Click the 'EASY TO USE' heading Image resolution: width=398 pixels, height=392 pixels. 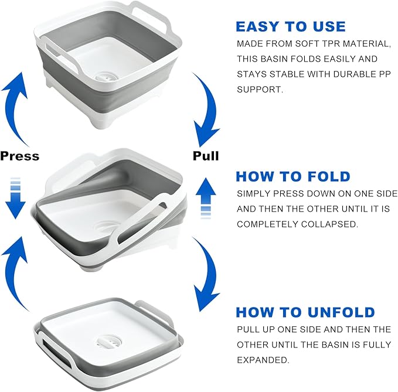pos(291,26)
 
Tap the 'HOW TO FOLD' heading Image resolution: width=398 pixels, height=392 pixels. pos(293,176)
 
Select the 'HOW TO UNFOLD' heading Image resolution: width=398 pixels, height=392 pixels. pos(305,312)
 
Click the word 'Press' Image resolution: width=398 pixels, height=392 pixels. pos(20,156)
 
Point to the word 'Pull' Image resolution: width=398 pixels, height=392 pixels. pos(206,156)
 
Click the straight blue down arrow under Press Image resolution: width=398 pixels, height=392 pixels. pos(15,198)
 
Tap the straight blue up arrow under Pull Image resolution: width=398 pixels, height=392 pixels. pos(206,198)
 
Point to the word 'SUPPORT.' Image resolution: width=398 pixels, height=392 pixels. pos(260,90)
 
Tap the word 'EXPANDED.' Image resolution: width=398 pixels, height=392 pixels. pos(263,360)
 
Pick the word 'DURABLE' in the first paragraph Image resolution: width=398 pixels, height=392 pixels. pos(353,74)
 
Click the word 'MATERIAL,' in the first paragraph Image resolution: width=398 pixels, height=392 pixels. pos(366,43)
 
